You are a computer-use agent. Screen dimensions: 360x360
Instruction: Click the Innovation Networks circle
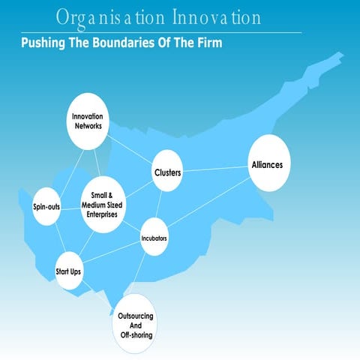click(87, 120)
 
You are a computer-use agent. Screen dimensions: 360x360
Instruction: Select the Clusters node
click(168, 172)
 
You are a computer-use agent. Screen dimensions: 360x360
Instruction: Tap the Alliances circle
click(268, 164)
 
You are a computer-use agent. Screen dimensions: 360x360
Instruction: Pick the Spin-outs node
click(46, 206)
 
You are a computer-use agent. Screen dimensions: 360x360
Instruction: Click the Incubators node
click(154, 238)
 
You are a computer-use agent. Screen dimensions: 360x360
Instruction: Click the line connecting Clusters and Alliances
click(216, 169)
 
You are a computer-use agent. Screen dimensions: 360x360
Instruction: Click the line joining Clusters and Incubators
click(160, 206)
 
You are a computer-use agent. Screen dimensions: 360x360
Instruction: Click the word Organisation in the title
click(99, 16)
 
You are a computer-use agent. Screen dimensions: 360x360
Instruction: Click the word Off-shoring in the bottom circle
click(136, 335)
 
